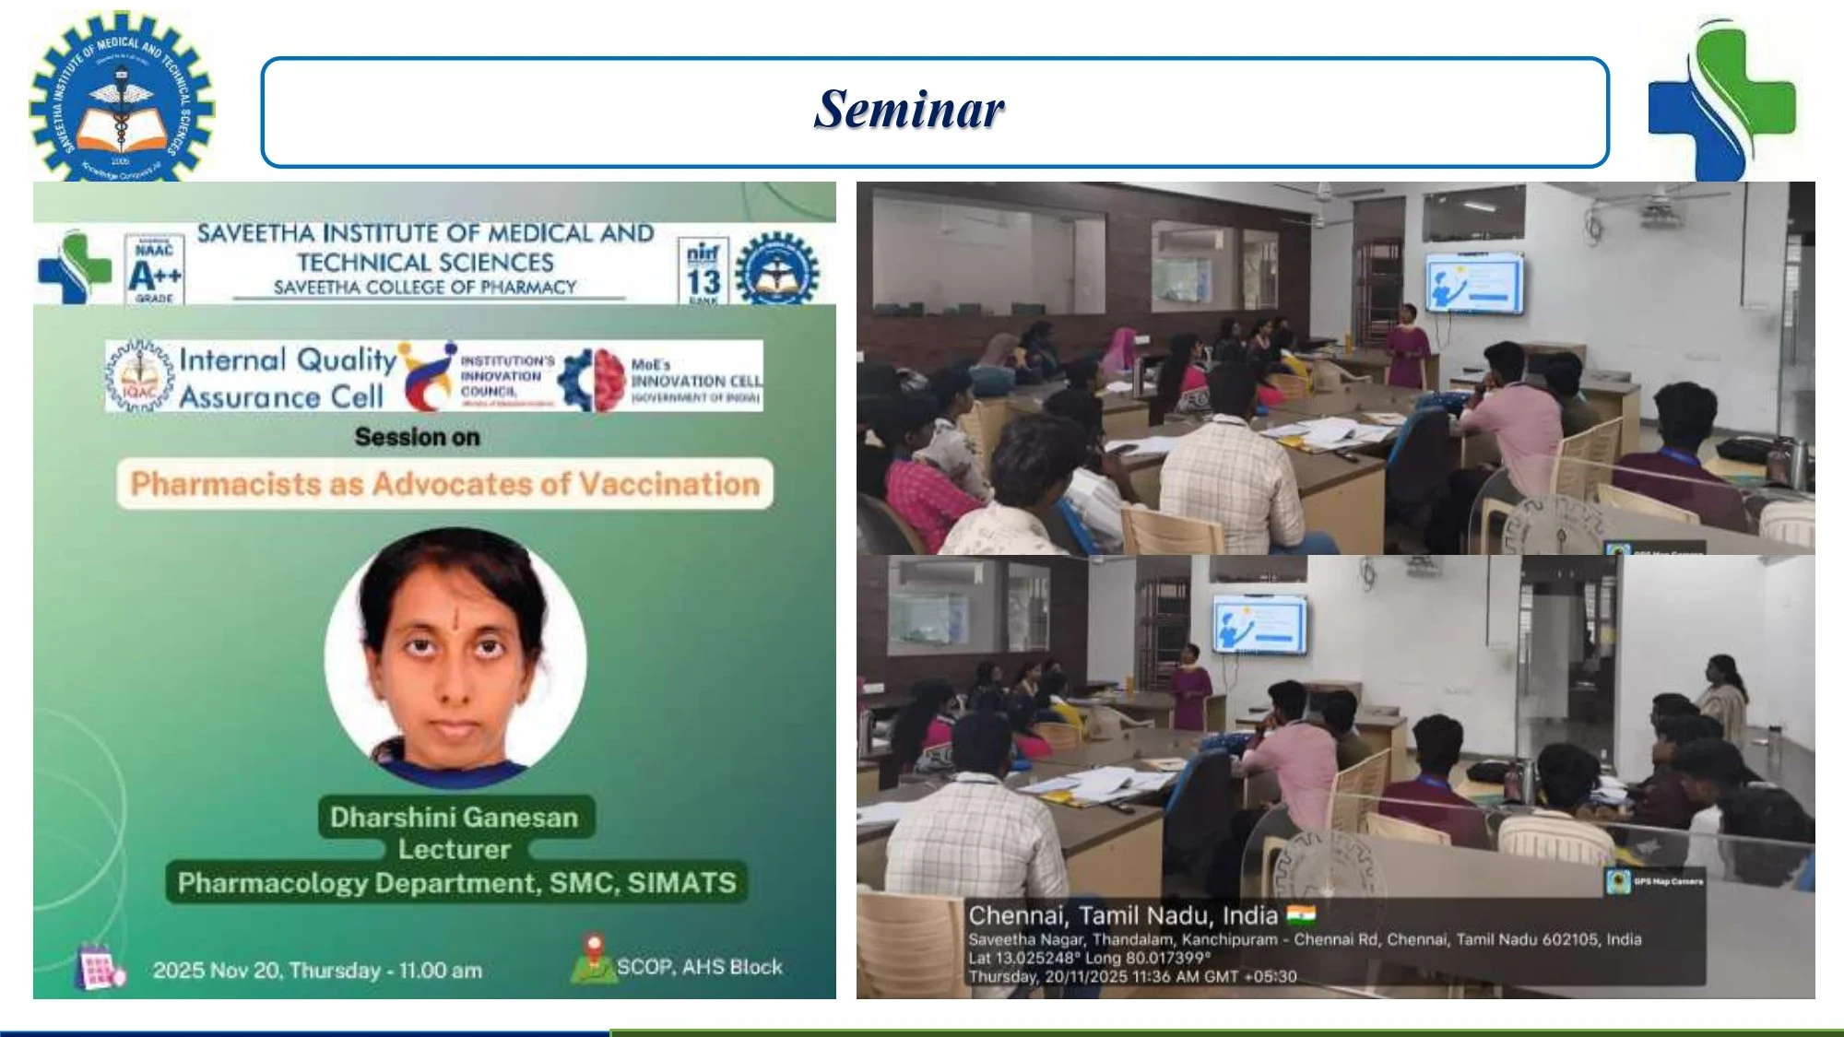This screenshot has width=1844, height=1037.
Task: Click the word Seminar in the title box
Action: (908, 110)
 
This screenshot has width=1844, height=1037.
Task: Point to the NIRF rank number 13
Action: (703, 281)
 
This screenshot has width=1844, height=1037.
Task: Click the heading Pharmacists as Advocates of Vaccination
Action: (444, 484)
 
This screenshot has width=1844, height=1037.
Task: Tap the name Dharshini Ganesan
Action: (454, 818)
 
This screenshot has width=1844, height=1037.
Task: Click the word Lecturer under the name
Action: (454, 849)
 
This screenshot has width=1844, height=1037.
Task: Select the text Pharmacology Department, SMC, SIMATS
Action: (456, 883)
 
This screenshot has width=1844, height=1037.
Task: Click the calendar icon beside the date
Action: (99, 967)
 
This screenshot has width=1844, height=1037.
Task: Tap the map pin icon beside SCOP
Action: (593, 958)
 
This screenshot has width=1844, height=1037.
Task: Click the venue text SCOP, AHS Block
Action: (699, 967)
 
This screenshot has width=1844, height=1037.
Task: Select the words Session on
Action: (417, 437)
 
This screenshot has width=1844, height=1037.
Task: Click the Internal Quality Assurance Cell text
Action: (287, 378)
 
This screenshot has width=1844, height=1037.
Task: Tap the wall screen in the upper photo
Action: (1474, 283)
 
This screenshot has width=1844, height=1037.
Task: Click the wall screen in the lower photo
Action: (1259, 625)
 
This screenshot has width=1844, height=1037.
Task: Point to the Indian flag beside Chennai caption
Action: (1302, 914)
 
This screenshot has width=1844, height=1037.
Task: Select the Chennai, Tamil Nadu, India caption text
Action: (1122, 915)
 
